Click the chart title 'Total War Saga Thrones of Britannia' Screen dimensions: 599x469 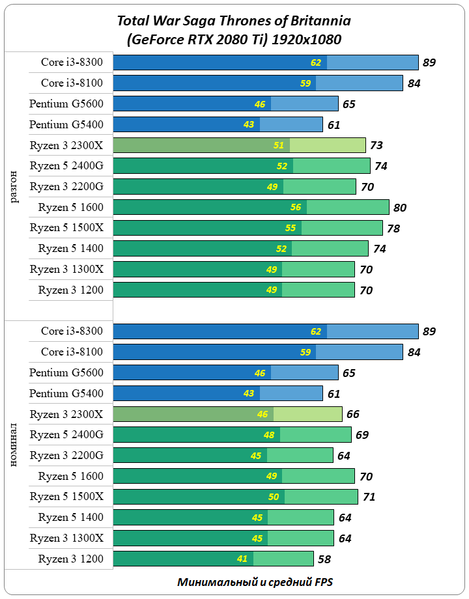(x=233, y=21)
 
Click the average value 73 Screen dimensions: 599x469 (x=376, y=145)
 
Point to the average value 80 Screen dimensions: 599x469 (x=400, y=208)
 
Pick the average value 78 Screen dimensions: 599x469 (x=393, y=229)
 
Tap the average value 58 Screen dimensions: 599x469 (x=324, y=559)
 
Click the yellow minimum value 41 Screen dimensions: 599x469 (x=242, y=559)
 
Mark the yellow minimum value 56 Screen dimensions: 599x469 (x=296, y=208)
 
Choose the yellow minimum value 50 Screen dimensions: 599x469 (x=274, y=497)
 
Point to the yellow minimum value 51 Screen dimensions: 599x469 (x=279, y=145)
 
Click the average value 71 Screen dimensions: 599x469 (x=369, y=497)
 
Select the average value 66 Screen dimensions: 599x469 (x=352, y=414)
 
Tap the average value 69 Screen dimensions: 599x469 (x=362, y=434)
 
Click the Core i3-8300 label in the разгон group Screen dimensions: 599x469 (x=72, y=62)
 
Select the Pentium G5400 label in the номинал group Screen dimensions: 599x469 (x=66, y=393)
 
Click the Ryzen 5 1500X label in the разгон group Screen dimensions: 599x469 (x=66, y=228)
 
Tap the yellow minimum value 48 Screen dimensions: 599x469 (x=268, y=434)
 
